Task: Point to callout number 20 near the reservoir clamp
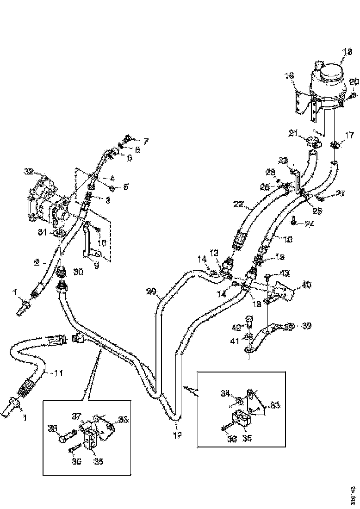(x=354, y=82)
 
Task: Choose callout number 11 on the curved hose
(x=58, y=372)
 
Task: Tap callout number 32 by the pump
(x=30, y=172)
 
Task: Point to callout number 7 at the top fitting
(x=146, y=140)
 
